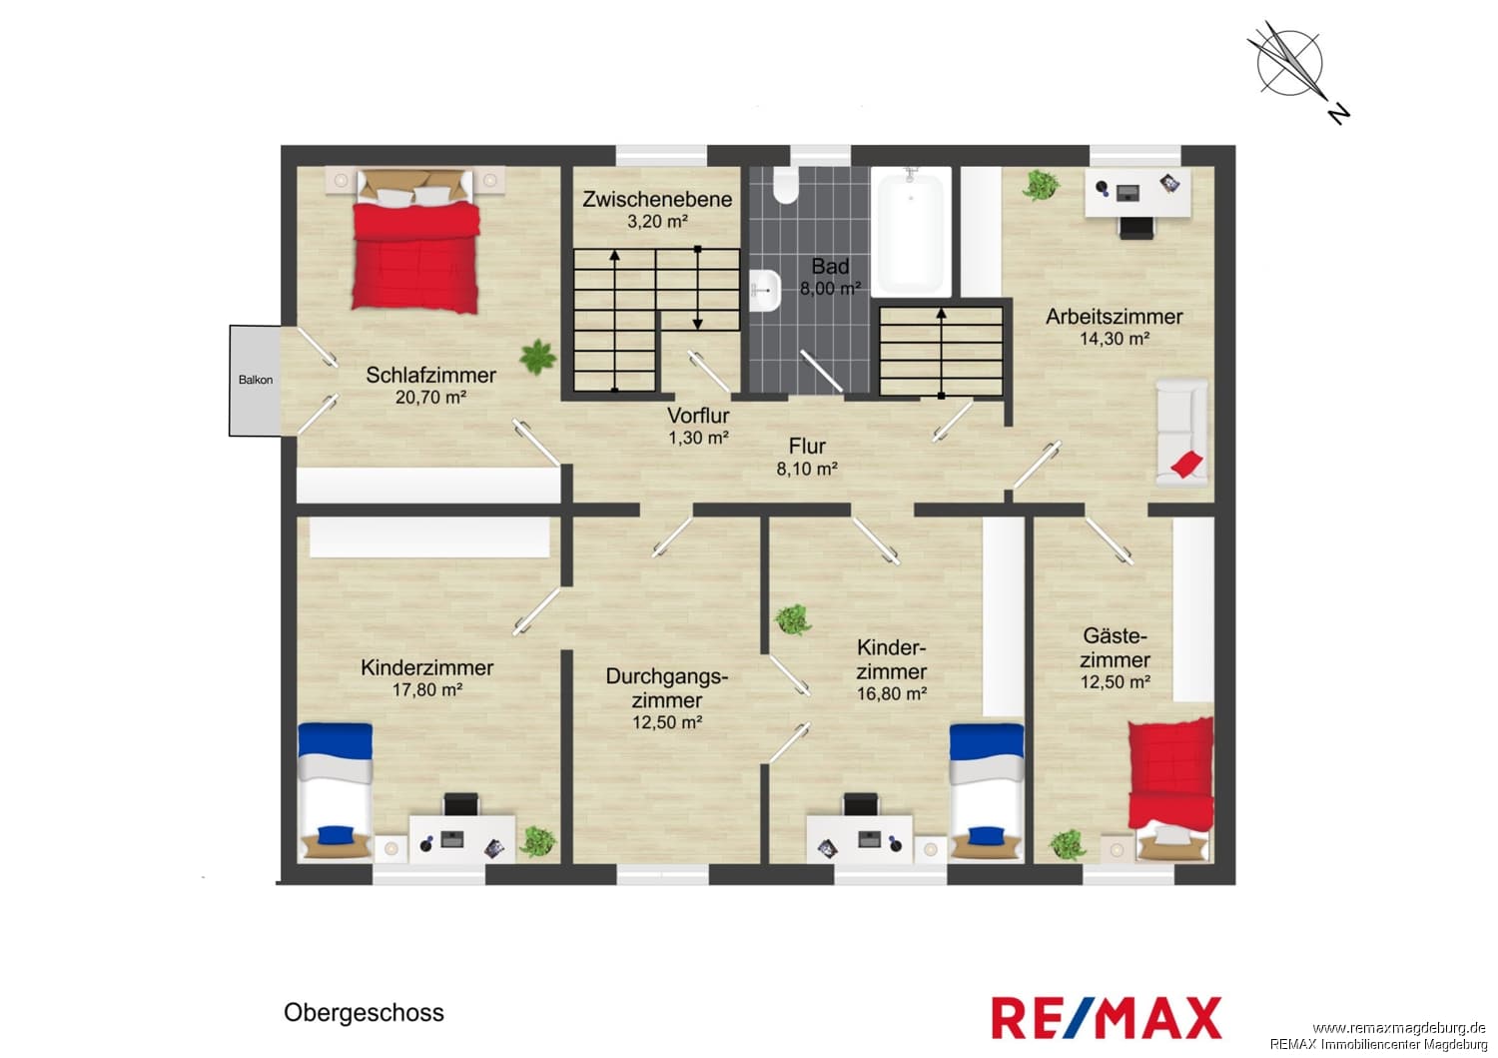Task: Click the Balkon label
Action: pyautogui.click(x=256, y=380)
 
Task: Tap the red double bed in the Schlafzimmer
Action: pyautogui.click(x=416, y=241)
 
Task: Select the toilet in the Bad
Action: pyautogui.click(x=787, y=185)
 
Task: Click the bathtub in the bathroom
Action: pyautogui.click(x=910, y=232)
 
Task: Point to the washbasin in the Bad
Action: pyautogui.click(x=765, y=291)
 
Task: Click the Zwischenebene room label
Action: pyautogui.click(x=657, y=200)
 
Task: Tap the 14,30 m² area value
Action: pyautogui.click(x=1115, y=339)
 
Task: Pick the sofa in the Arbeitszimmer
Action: pyautogui.click(x=1181, y=433)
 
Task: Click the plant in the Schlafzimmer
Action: pyautogui.click(x=537, y=357)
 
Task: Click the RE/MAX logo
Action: pyautogui.click(x=1107, y=1018)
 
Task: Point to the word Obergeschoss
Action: pyautogui.click(x=364, y=1013)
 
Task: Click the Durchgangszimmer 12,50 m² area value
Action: pyautogui.click(x=667, y=722)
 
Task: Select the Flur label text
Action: pyautogui.click(x=807, y=447)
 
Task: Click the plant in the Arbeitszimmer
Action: pyautogui.click(x=1040, y=185)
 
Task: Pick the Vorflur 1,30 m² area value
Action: pyautogui.click(x=698, y=438)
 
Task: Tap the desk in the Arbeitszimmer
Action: pyautogui.click(x=1136, y=193)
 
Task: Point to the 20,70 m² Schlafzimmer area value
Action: pyautogui.click(x=430, y=398)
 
